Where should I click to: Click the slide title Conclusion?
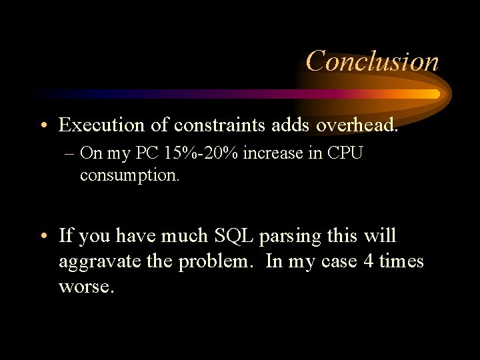click(372, 61)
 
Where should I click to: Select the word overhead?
click(357, 125)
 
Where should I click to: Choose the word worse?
click(86, 287)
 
